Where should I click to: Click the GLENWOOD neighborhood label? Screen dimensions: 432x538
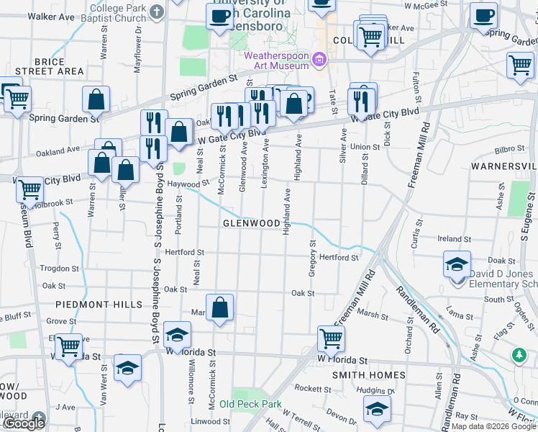tap(250, 223)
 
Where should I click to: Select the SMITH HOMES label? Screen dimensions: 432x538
tap(369, 375)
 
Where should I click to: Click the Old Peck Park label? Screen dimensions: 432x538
tap(250, 404)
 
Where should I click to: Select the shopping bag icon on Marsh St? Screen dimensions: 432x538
tap(220, 307)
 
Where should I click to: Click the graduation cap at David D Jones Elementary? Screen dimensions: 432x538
tap(457, 264)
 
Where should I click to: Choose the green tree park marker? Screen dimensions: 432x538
tap(519, 356)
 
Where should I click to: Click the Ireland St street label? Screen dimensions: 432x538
tap(453, 238)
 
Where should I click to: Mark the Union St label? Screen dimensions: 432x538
tap(365, 147)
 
